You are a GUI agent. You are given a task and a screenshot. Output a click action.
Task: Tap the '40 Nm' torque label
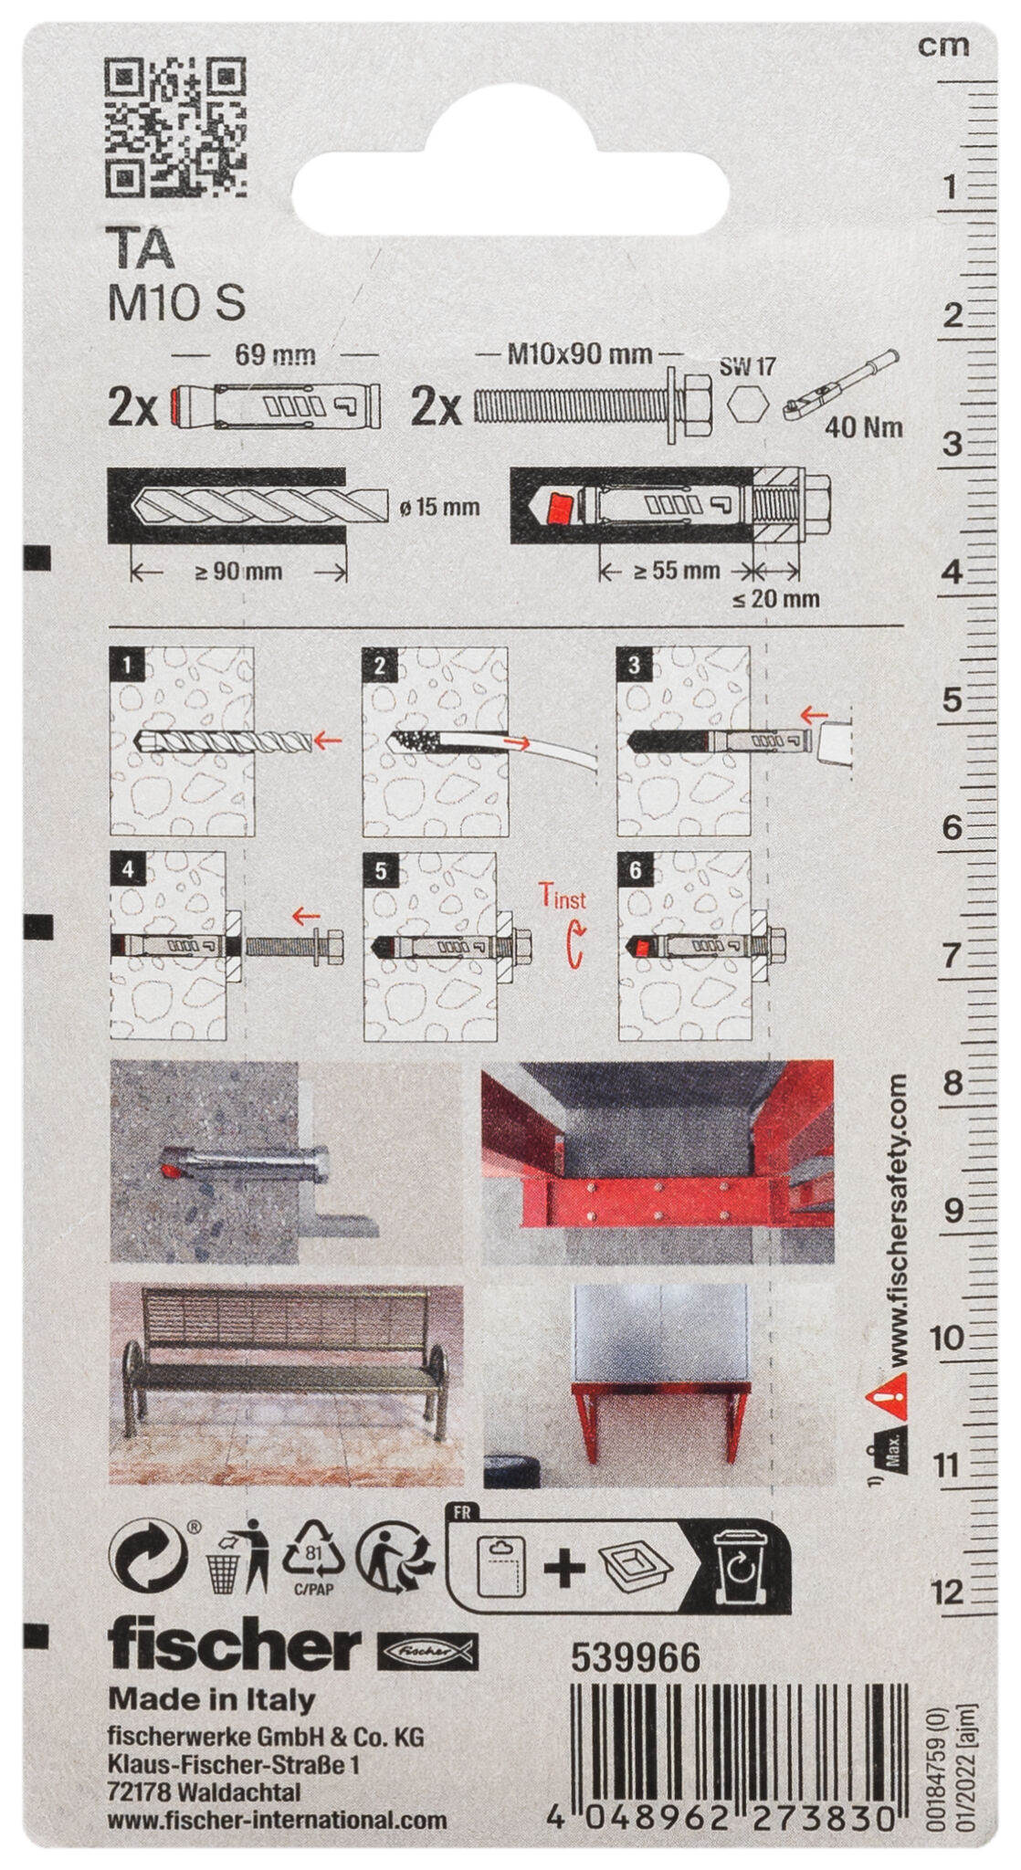pyautogui.click(x=863, y=426)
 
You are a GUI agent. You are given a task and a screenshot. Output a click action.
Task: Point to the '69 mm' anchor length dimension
pyautogui.click(x=275, y=354)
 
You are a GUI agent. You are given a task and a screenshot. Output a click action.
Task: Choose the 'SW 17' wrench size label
pyautogui.click(x=747, y=367)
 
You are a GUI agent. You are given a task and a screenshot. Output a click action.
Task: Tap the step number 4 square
pyautogui.click(x=128, y=869)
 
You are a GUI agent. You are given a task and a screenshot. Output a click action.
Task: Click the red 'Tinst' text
pyautogui.click(x=562, y=898)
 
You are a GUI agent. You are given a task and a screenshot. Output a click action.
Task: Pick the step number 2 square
pyautogui.click(x=380, y=666)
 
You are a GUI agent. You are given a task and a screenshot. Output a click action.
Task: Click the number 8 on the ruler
pyautogui.click(x=953, y=1084)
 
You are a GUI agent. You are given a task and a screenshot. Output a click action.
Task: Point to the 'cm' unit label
pyautogui.click(x=942, y=45)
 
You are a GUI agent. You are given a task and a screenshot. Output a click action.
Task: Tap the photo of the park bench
pyautogui.click(x=285, y=1383)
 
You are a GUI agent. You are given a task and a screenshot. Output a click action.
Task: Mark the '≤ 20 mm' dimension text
pyautogui.click(x=775, y=599)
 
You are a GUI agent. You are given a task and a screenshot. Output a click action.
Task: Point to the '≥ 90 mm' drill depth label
pyautogui.click(x=238, y=573)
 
